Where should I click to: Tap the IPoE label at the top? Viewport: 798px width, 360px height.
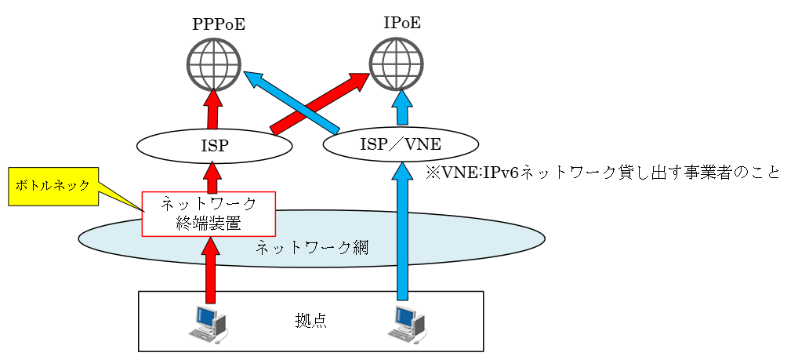point(401,23)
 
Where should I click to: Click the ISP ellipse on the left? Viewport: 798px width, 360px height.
point(214,145)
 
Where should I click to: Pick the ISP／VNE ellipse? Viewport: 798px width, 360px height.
point(401,144)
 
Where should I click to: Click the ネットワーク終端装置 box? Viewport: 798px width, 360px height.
point(209,213)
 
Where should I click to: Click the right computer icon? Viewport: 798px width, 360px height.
point(407,322)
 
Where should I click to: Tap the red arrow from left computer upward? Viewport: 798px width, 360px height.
point(209,271)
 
